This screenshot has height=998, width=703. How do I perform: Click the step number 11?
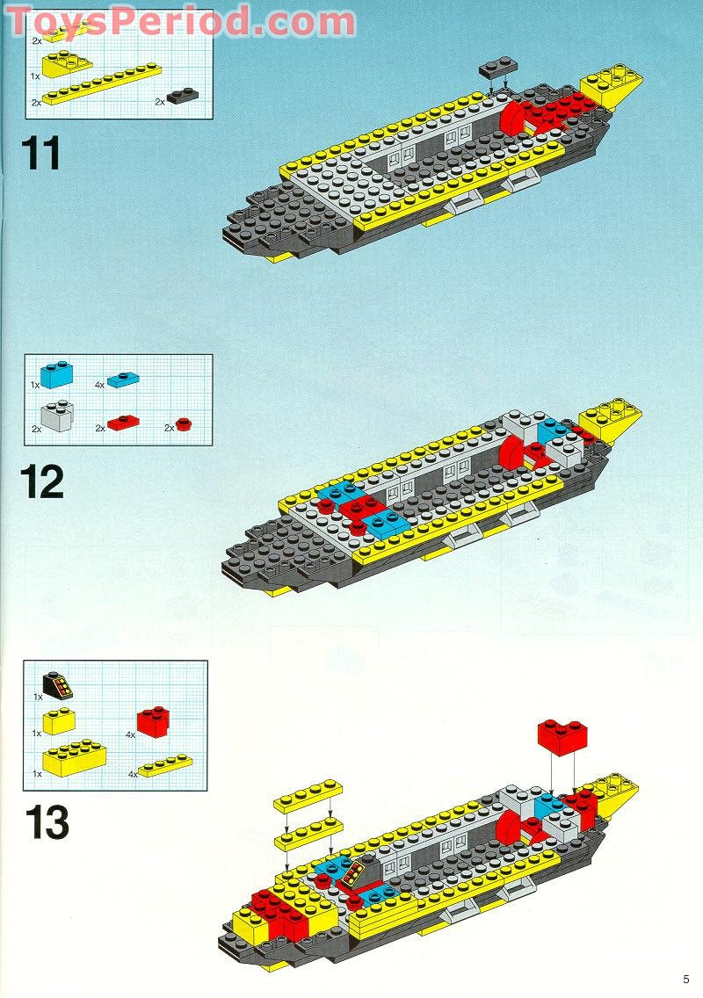click(x=41, y=152)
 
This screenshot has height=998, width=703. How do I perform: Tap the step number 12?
click(x=43, y=482)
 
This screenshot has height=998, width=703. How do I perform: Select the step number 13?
click(x=47, y=823)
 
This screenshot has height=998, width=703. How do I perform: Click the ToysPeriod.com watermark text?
click(x=180, y=22)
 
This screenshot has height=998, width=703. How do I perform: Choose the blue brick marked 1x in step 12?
click(x=54, y=373)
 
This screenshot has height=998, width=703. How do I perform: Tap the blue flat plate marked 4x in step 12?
click(x=123, y=380)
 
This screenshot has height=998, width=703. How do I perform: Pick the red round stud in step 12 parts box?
click(x=183, y=426)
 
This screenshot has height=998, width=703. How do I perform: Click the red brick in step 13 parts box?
click(x=153, y=720)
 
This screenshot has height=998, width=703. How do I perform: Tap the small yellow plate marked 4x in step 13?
click(x=164, y=765)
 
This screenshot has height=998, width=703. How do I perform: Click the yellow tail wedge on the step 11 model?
click(x=612, y=86)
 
